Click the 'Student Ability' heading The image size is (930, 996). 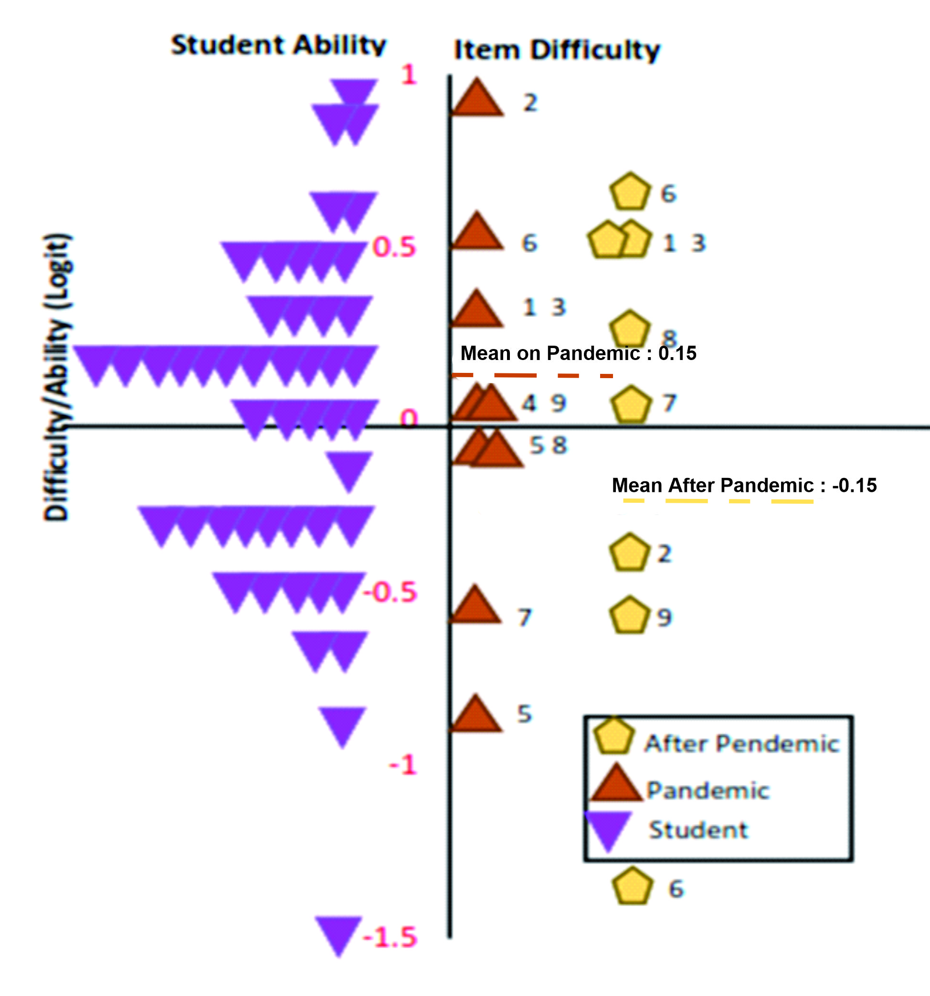(279, 45)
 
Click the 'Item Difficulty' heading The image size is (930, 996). (557, 50)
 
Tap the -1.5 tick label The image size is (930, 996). (391, 937)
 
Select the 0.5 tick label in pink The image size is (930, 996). (394, 247)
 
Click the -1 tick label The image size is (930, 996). (403, 765)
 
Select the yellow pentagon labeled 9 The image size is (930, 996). (629, 616)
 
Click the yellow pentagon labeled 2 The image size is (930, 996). (629, 553)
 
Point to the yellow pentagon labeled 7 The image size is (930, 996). (631, 404)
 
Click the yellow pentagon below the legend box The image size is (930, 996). (633, 887)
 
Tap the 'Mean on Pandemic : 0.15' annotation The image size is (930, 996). (578, 353)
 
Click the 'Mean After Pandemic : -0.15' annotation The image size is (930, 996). (744, 486)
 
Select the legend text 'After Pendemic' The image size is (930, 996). (741, 744)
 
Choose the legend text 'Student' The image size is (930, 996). (698, 830)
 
